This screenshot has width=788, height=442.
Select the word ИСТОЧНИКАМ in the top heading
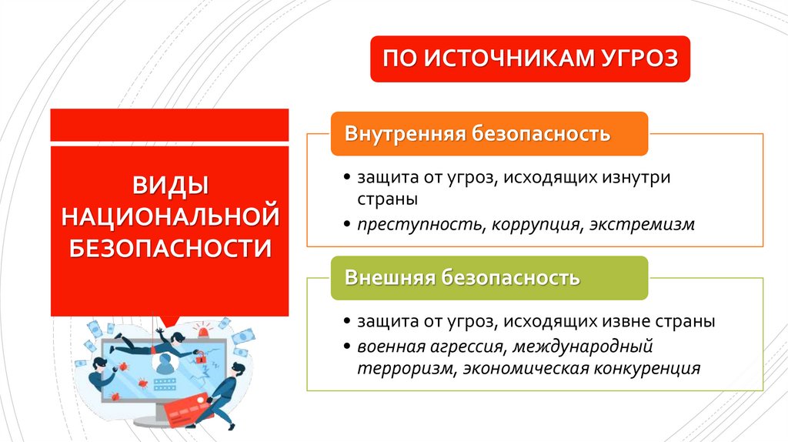point(502,59)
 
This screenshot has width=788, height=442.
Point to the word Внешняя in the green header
point(389,277)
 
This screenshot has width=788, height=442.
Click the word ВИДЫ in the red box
point(169,186)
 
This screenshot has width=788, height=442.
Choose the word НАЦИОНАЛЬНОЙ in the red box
point(169,217)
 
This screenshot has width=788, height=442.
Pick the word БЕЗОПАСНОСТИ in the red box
point(169,248)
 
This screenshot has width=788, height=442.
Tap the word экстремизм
point(643,224)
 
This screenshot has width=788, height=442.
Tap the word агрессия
point(468,344)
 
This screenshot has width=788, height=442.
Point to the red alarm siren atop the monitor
point(204,333)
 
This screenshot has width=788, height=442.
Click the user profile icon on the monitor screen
point(164,365)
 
